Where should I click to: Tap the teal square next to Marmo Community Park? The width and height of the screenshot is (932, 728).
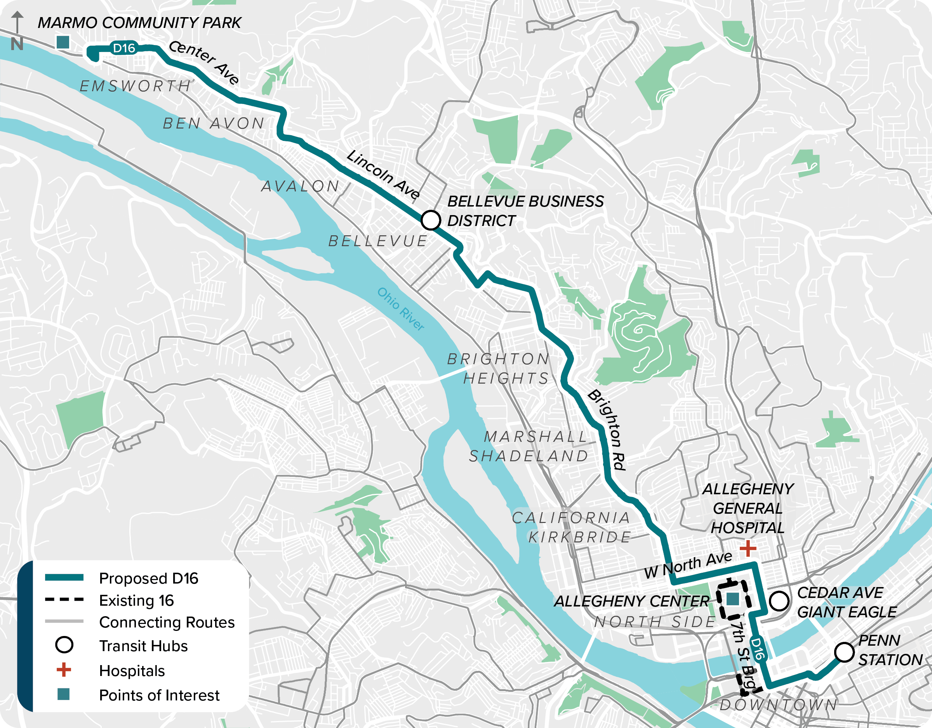[63, 42]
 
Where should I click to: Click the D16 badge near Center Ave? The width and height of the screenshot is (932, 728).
[124, 48]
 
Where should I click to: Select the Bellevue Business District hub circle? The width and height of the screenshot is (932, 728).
[430, 220]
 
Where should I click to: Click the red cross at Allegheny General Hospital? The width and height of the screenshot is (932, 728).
[748, 548]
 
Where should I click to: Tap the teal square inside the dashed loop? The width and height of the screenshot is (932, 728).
[733, 599]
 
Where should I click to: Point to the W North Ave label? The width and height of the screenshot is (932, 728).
[688, 565]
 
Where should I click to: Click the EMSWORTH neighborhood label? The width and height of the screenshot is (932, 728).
[136, 86]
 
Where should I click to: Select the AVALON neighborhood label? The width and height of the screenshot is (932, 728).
[301, 186]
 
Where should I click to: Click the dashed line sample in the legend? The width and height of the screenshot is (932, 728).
[64, 599]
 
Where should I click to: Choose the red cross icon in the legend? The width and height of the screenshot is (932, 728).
[64, 670]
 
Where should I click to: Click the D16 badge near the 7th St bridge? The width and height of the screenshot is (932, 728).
[758, 649]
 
